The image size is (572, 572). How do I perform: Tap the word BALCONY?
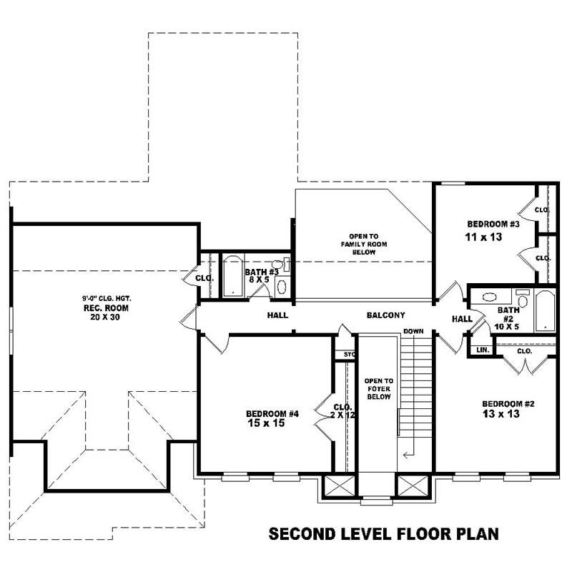tap(386, 315)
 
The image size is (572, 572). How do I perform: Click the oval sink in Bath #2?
tap(490, 297)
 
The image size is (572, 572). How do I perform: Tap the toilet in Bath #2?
tap(522, 296)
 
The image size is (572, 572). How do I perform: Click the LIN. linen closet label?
tap(478, 350)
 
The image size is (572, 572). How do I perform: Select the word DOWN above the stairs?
tap(413, 332)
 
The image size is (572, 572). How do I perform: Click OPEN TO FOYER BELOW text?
tap(378, 389)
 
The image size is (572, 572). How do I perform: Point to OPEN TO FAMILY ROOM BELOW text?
tap(363, 244)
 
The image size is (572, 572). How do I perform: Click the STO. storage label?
tap(348, 353)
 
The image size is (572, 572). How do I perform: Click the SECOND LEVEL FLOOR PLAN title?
tap(383, 534)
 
